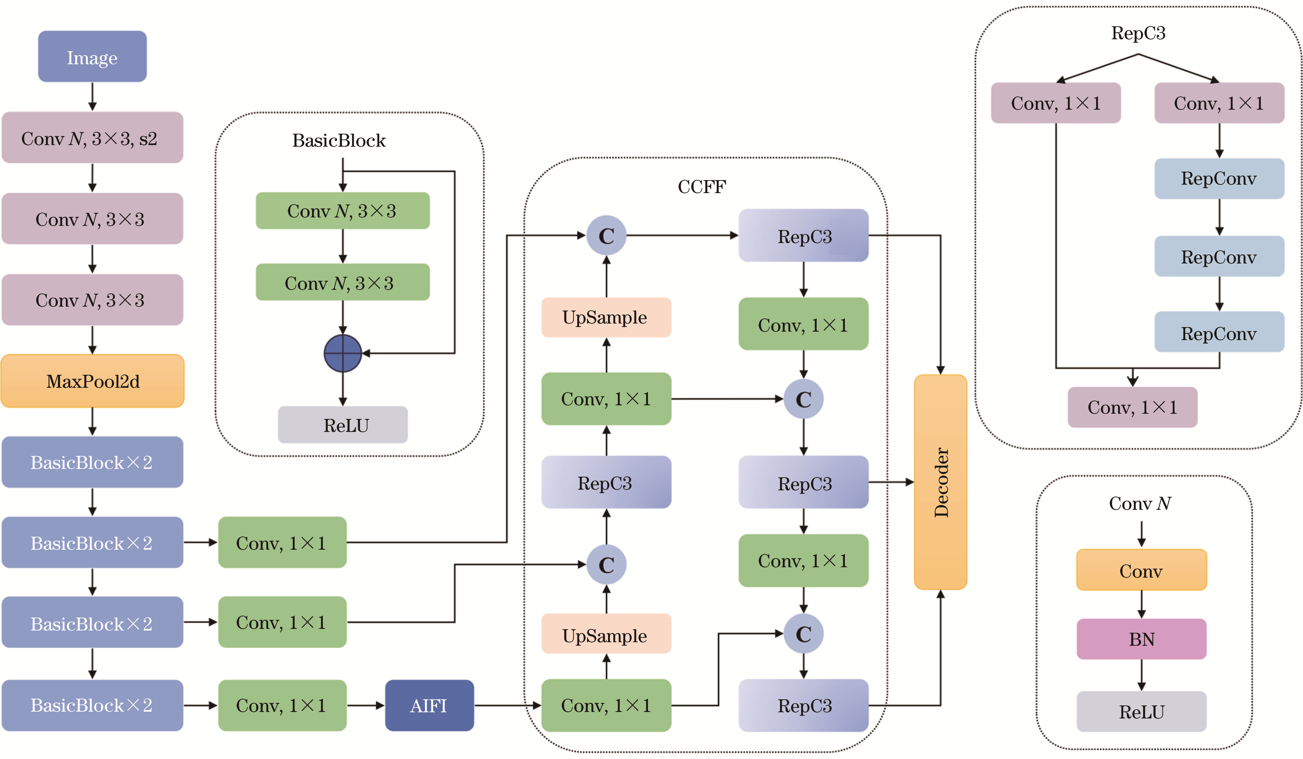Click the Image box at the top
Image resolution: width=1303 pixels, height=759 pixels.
[92, 56]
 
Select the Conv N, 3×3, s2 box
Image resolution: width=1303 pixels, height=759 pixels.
[92, 138]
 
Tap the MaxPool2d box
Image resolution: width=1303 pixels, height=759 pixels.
[92, 381]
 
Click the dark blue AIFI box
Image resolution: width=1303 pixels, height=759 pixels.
[429, 705]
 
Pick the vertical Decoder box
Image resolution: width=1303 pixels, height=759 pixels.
[940, 482]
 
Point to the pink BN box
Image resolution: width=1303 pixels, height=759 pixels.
[1141, 639]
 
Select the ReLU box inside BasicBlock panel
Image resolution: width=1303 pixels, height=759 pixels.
[342, 425]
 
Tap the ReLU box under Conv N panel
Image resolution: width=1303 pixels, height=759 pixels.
[1141, 711]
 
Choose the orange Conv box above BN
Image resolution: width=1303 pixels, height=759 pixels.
[1141, 570]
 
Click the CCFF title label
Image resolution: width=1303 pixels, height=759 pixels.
[702, 187]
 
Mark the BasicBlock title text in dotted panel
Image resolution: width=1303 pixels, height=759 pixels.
[339, 141]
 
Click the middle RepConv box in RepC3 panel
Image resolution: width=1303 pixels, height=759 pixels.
[1219, 256]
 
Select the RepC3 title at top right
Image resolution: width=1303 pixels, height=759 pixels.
[1138, 33]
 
